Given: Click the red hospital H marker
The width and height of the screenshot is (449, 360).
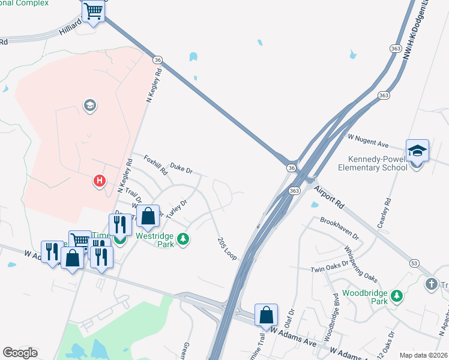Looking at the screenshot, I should [x=100, y=180].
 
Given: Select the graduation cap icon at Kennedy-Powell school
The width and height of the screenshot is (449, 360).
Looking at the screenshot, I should [x=417, y=151].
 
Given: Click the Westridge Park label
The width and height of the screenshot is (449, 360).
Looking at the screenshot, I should [x=154, y=241].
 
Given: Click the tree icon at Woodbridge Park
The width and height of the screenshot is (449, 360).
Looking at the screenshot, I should [x=396, y=296].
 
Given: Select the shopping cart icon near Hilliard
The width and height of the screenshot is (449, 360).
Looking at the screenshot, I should [x=93, y=10].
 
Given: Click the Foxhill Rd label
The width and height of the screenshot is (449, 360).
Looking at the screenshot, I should [x=156, y=164].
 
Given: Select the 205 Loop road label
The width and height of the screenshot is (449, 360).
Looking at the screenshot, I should [x=227, y=247].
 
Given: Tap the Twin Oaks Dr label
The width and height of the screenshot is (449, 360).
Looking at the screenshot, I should [x=330, y=267].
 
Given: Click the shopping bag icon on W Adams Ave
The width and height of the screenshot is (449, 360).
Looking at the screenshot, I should [x=266, y=314].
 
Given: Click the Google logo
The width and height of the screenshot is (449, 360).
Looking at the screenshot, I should [x=20, y=353].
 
